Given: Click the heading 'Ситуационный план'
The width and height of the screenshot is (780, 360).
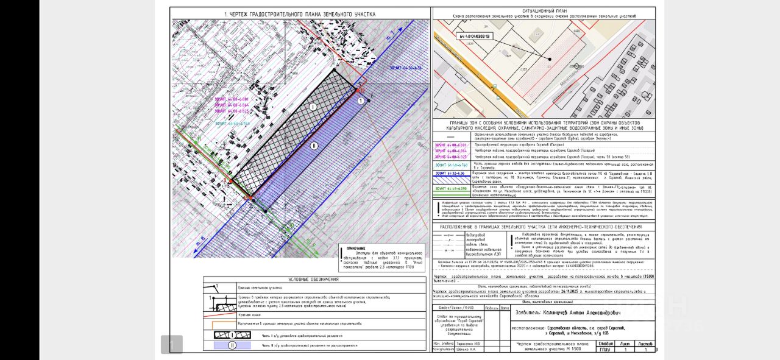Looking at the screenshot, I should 544,11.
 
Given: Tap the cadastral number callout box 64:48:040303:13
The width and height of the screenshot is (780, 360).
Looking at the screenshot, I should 473,37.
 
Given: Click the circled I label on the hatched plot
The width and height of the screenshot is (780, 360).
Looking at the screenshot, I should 313,107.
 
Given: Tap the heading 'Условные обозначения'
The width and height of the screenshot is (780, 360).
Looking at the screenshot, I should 314,279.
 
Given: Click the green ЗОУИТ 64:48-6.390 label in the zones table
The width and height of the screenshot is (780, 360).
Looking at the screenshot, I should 450,189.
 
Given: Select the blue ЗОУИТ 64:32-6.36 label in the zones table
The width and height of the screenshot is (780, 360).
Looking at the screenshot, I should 450,174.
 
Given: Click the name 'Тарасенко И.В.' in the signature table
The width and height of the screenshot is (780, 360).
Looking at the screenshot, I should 461,344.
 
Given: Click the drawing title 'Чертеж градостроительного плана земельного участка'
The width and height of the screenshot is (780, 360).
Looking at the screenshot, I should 300,14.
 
